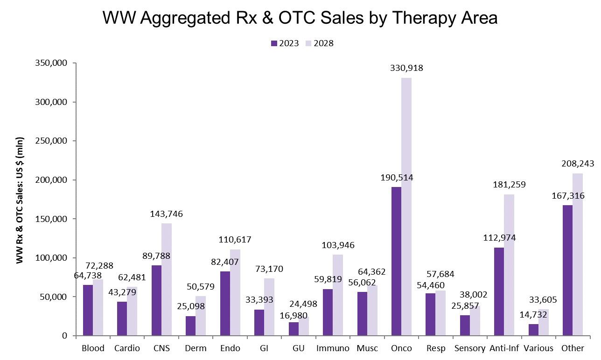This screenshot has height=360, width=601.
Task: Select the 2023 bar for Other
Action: (567, 270)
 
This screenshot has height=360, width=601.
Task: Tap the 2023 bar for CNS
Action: (156, 300)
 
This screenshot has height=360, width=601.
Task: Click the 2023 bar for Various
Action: (533, 330)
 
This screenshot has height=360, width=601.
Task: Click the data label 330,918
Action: (407, 68)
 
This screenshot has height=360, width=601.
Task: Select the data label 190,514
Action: (396, 178)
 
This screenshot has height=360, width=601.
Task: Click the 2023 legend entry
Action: (285, 43)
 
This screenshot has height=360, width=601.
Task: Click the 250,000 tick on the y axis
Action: (51, 141)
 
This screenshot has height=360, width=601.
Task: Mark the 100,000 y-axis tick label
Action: (51, 258)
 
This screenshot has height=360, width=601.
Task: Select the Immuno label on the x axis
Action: (333, 348)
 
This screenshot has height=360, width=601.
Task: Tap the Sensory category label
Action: (470, 348)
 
